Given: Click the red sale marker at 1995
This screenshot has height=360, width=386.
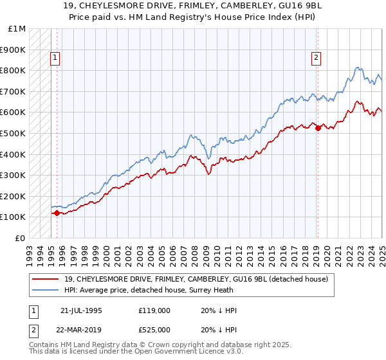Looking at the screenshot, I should tap(57, 213).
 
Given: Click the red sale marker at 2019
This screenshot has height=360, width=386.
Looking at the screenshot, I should tap(318, 128).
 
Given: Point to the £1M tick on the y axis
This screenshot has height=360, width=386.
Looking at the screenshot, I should tap(17, 29).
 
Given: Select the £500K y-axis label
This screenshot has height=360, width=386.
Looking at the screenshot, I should tap(14, 134).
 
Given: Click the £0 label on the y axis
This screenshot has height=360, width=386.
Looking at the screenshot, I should tap(20, 238).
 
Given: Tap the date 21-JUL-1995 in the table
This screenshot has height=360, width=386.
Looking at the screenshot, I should tap(81, 310).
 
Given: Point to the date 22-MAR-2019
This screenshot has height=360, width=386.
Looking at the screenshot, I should tap(82, 331).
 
